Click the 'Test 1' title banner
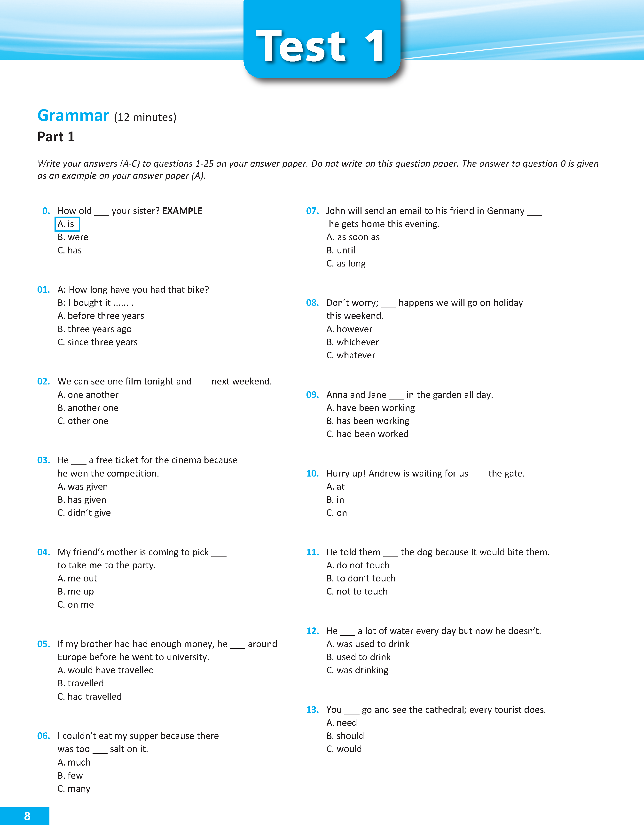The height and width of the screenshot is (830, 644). [x=322, y=46]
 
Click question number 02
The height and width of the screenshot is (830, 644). [x=43, y=382]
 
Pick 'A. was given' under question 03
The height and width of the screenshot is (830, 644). [x=82, y=487]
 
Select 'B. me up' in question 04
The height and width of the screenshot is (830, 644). [x=76, y=592]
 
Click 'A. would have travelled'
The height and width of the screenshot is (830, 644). [x=106, y=670]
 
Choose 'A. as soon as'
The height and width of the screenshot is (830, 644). [x=353, y=237]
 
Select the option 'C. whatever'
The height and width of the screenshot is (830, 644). [x=351, y=355]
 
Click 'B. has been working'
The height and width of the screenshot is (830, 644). [x=368, y=421]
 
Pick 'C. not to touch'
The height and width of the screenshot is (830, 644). [x=357, y=592]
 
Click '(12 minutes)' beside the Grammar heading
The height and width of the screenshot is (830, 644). [x=145, y=117]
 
